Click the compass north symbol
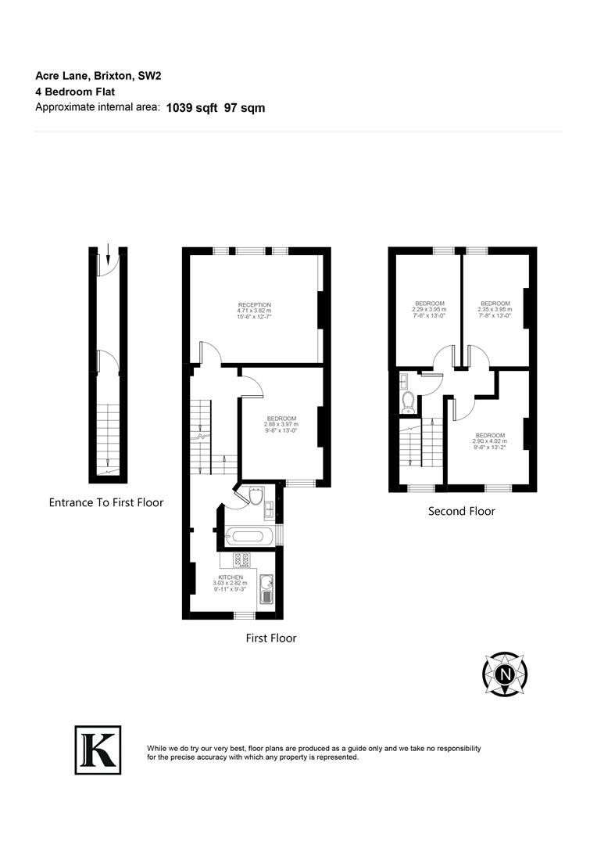505,674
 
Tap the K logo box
98,750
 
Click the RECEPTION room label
255,305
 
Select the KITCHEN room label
231,577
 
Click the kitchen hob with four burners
241,560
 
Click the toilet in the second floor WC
408,403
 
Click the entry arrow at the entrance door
108,253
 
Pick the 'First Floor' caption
271,638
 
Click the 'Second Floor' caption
461,511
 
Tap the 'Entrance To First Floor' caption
106,502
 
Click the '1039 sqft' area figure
191,108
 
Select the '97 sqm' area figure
245,108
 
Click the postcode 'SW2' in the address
150,76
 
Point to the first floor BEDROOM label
281,419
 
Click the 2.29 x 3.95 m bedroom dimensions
429,309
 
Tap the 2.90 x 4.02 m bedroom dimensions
490,441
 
